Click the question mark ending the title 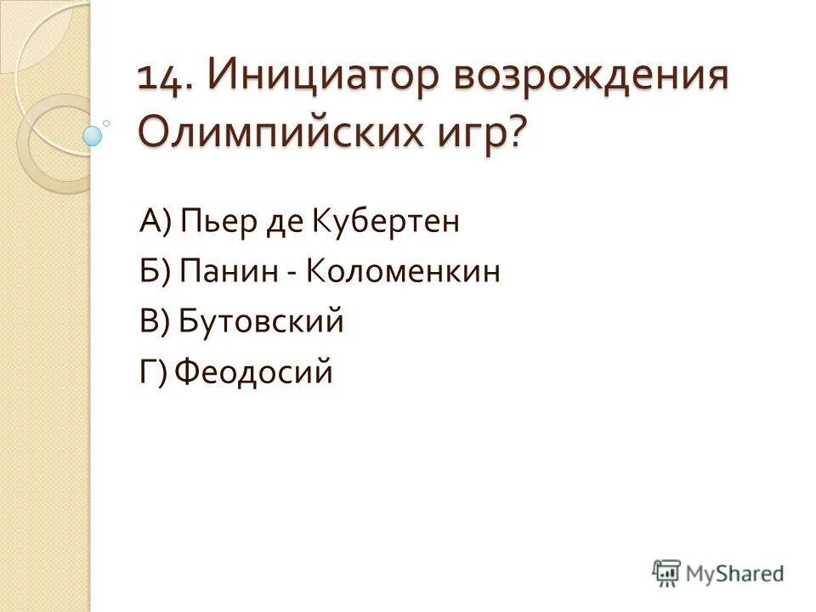(517, 133)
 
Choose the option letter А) (156, 223)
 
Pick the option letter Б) (156, 273)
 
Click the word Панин (229, 273)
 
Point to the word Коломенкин (403, 273)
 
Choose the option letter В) (156, 323)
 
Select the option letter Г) (155, 373)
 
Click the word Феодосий (255, 373)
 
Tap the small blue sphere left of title (92, 134)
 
